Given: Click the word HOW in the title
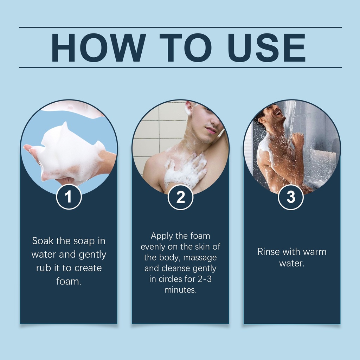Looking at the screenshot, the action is click(98, 47).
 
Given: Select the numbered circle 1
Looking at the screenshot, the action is click(69, 197).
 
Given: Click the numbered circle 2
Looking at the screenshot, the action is click(180, 197).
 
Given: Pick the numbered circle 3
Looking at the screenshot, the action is click(291, 197).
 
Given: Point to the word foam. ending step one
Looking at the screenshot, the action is click(69, 281).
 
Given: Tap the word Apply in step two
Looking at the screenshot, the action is click(162, 236).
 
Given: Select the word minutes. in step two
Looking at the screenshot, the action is click(180, 290).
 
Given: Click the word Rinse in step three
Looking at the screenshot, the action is click(268, 252).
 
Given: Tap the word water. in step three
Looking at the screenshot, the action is click(292, 263).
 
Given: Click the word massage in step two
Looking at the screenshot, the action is click(200, 258).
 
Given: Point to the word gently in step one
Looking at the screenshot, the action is click(92, 255).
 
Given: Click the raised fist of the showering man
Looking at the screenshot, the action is click(298, 139).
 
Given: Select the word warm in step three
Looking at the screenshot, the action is click(315, 252).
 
